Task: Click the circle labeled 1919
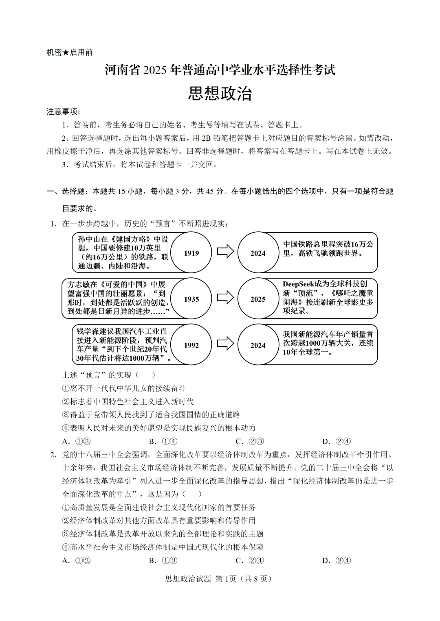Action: point(191,253)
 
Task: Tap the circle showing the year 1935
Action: point(191,299)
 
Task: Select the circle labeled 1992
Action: point(191,345)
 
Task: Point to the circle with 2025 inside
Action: point(258,299)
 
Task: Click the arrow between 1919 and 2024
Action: point(225,252)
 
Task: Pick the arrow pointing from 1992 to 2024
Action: point(225,344)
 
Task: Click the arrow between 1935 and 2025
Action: point(225,298)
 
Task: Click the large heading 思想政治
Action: point(220,94)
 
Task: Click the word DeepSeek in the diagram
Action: point(299,284)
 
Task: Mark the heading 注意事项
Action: point(63,111)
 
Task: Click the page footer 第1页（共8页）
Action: point(243,579)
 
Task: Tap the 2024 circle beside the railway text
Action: point(258,253)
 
